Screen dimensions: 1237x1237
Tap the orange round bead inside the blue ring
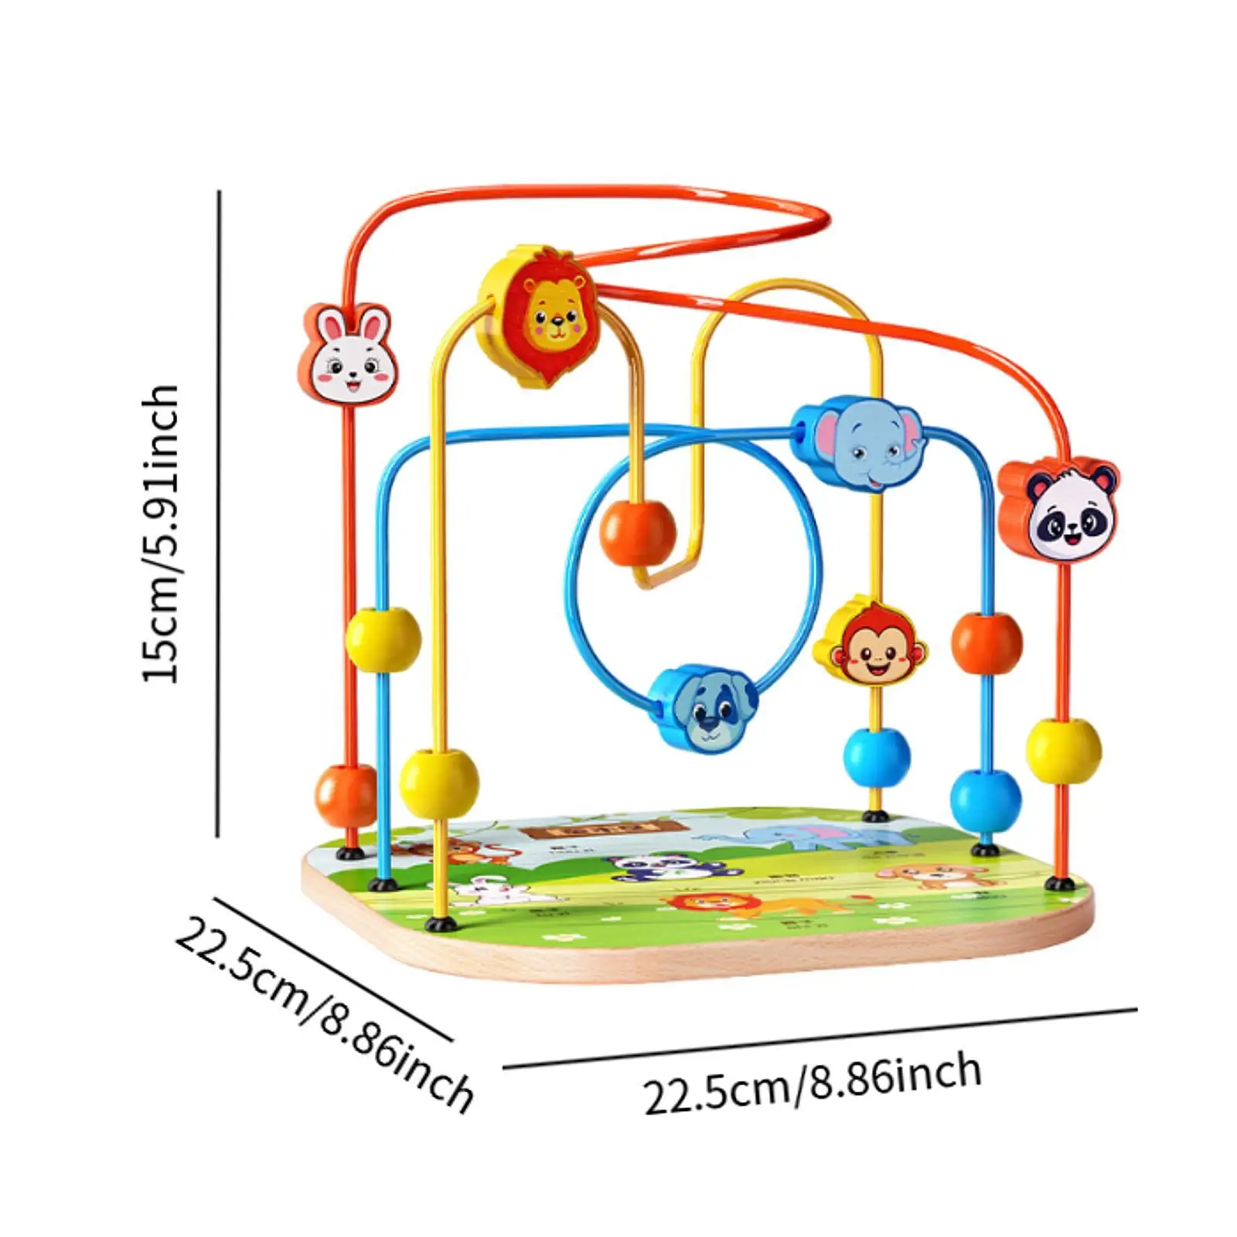click(x=637, y=533)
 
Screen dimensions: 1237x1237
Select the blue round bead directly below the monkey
click(x=876, y=756)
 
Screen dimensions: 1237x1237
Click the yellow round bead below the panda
click(x=1064, y=750)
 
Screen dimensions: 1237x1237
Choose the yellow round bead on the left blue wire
click(x=383, y=640)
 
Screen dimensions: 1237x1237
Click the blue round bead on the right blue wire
click(x=986, y=800)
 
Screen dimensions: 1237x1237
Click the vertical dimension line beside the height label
click(x=219, y=514)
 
